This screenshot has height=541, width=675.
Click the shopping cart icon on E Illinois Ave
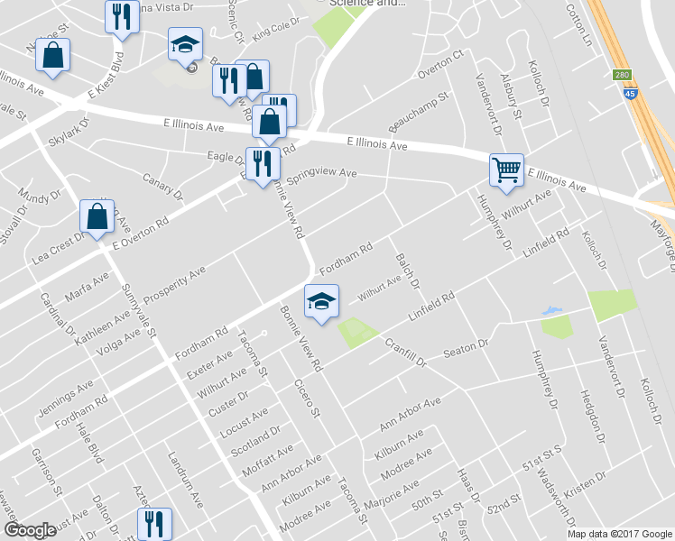pos(506,169)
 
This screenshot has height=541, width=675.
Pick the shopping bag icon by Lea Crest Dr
pos(97,216)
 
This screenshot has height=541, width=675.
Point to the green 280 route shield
pos(620,75)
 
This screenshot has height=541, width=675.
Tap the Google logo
pos(31,530)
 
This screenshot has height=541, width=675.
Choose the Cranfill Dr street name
pos(404,351)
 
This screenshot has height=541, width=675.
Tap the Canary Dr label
pos(162,188)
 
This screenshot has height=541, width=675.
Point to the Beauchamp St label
pos(418,109)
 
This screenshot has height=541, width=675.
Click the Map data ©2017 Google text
pos(619,533)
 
